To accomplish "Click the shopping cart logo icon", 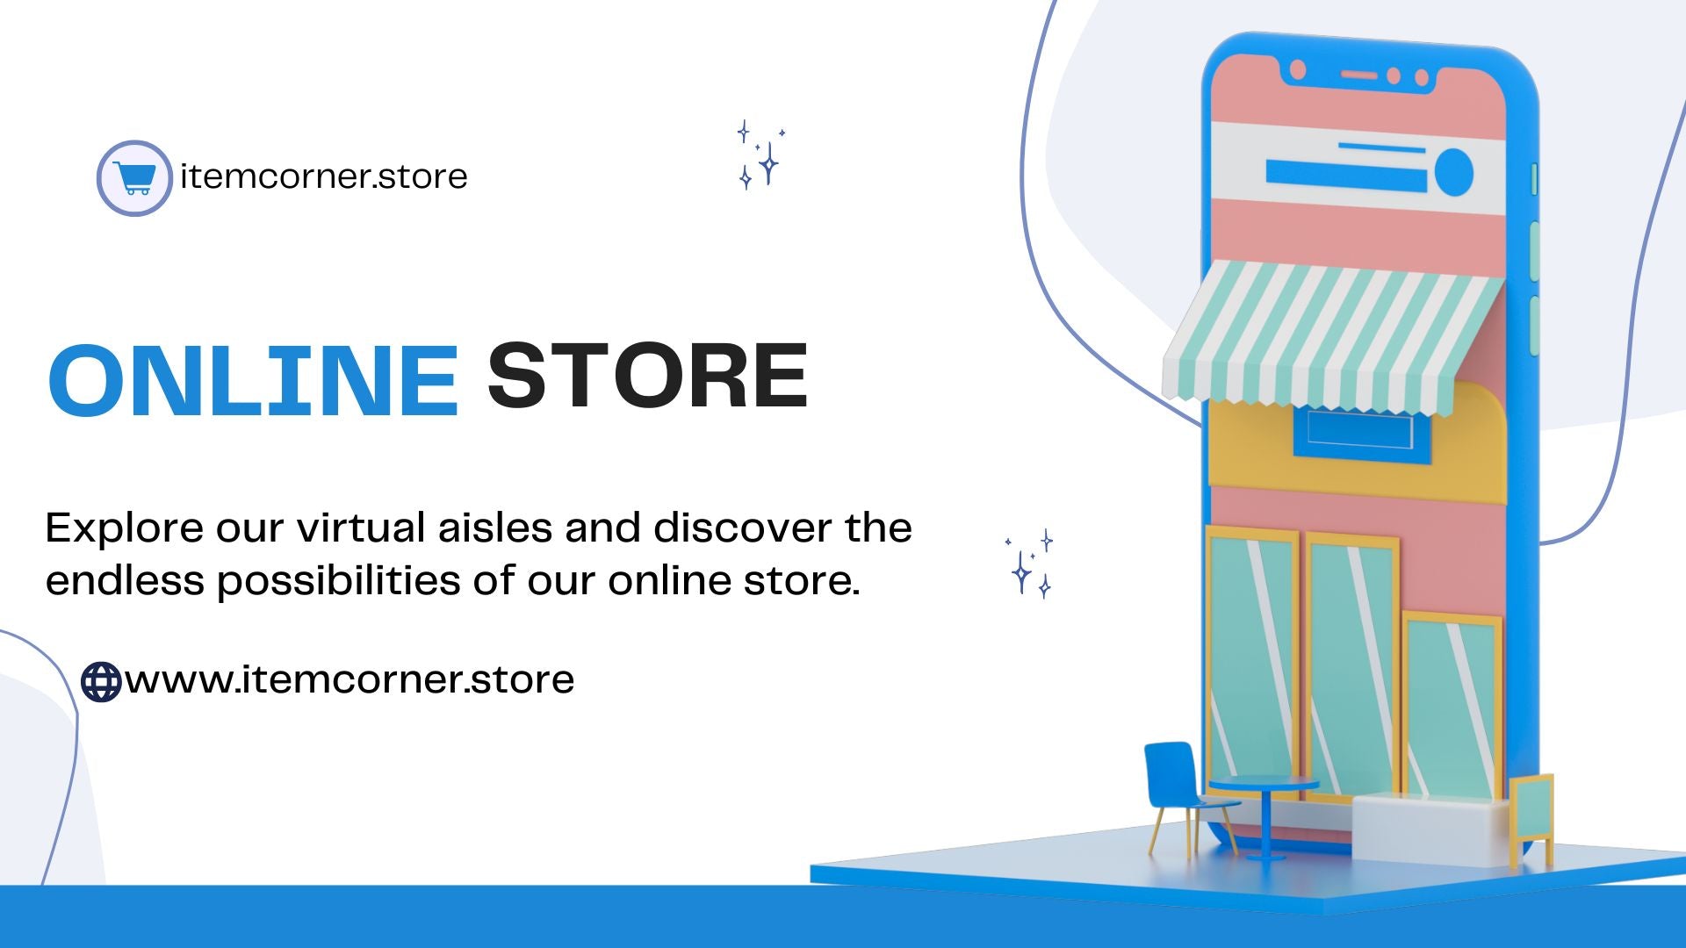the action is coord(134,178).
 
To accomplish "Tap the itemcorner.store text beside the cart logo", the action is coord(323,176).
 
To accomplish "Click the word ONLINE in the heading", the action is coord(254,379).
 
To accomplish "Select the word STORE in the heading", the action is coord(647,376).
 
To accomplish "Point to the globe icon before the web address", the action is coord(101,682).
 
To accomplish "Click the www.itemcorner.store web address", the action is coord(349,679).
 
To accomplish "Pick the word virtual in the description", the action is coord(361,528).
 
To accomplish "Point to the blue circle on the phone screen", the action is coord(1453,171).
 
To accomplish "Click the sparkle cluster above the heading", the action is coord(760,154).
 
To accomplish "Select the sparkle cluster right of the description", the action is coord(1029,564).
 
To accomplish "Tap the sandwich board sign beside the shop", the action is coord(1531,816).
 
